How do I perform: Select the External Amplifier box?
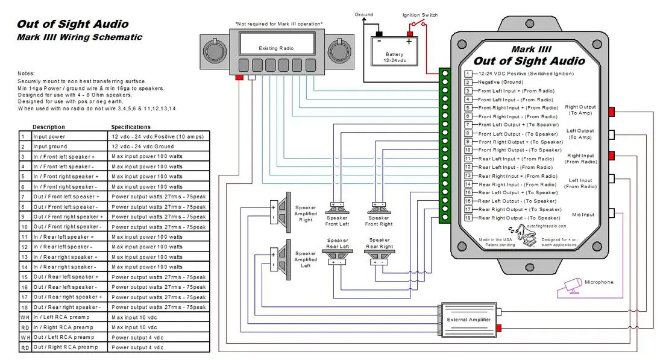468,320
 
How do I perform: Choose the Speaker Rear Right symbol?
378,258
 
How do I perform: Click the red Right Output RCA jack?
612,112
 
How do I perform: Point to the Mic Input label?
583,215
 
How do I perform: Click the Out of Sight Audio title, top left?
72,24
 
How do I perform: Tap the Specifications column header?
131,127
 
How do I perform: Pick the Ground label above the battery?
364,14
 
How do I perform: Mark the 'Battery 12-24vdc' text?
394,58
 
